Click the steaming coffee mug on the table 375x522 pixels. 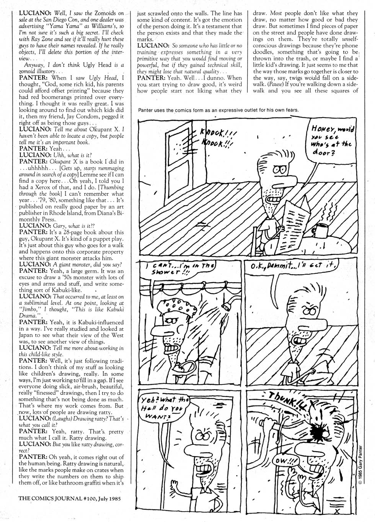(x=320, y=229)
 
